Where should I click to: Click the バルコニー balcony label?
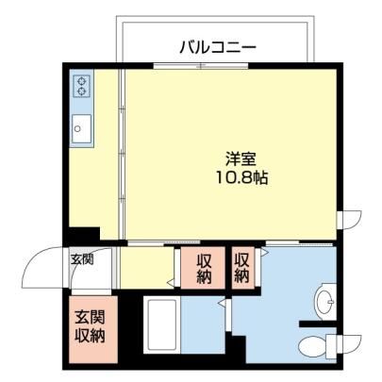click(218, 48)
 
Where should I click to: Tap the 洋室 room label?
click(241, 159)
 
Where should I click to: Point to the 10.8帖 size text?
click(241, 178)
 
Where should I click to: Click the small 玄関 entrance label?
click(82, 259)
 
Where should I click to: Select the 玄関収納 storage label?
click(90, 327)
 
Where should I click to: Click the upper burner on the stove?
click(82, 81)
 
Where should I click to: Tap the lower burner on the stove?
click(82, 91)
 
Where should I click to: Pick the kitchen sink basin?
click(81, 128)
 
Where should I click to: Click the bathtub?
click(162, 325)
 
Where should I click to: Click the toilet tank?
click(331, 346)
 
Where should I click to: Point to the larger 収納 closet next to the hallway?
click(203, 268)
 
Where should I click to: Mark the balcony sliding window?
click(201, 66)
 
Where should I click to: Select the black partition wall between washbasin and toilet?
click(318, 324)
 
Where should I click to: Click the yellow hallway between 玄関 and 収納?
click(146, 268)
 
